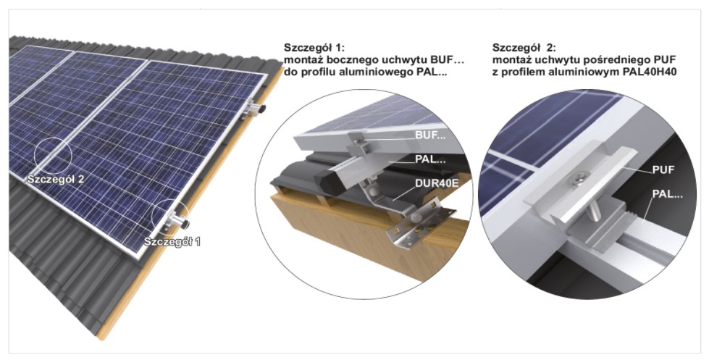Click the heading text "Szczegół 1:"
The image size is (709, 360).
314,48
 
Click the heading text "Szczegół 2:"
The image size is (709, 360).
524,48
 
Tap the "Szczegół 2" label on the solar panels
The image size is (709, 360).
56,179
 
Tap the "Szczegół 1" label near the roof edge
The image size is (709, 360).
172,241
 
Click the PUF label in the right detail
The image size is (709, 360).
663,170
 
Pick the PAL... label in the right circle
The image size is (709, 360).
668,194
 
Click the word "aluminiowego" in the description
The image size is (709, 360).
379,72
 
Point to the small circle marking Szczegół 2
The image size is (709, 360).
54,155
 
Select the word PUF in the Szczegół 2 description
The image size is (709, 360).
666,60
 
